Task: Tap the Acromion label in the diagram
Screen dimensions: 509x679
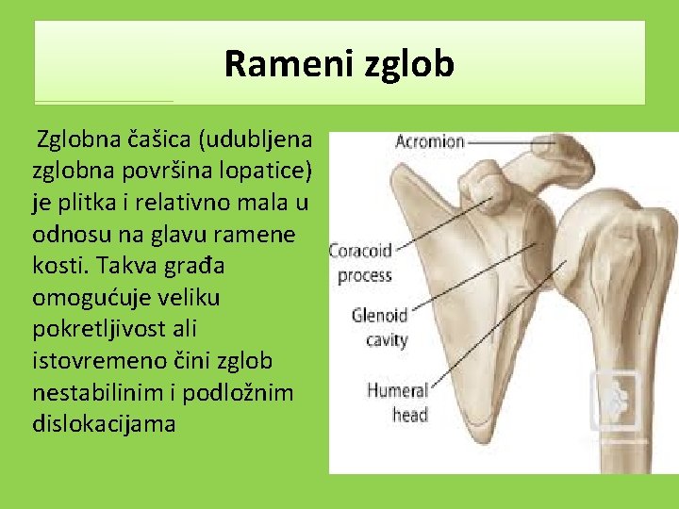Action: tap(429, 142)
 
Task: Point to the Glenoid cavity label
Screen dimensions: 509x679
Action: tap(379, 327)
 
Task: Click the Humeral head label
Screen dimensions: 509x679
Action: tap(397, 402)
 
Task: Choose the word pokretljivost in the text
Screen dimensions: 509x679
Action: tap(89, 330)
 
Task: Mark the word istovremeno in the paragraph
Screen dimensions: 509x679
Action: tap(85, 361)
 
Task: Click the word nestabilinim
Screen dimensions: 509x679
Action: tap(90, 392)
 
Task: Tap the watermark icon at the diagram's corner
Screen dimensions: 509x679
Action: tap(615, 400)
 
